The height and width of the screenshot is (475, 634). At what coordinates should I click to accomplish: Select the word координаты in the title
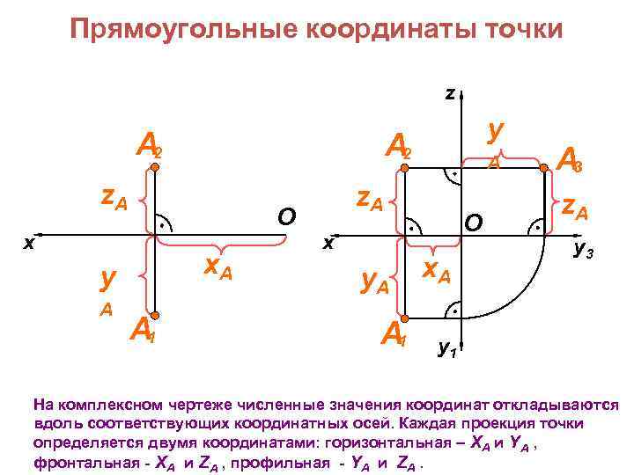click(x=390, y=29)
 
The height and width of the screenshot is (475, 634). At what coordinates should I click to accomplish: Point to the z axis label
click(x=449, y=91)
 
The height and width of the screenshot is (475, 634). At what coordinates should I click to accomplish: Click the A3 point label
click(x=570, y=161)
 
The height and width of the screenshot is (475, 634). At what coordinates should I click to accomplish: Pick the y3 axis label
click(x=583, y=252)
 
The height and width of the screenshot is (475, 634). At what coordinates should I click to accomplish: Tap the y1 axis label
click(x=447, y=349)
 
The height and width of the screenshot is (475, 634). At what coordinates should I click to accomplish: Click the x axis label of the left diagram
click(x=28, y=242)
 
